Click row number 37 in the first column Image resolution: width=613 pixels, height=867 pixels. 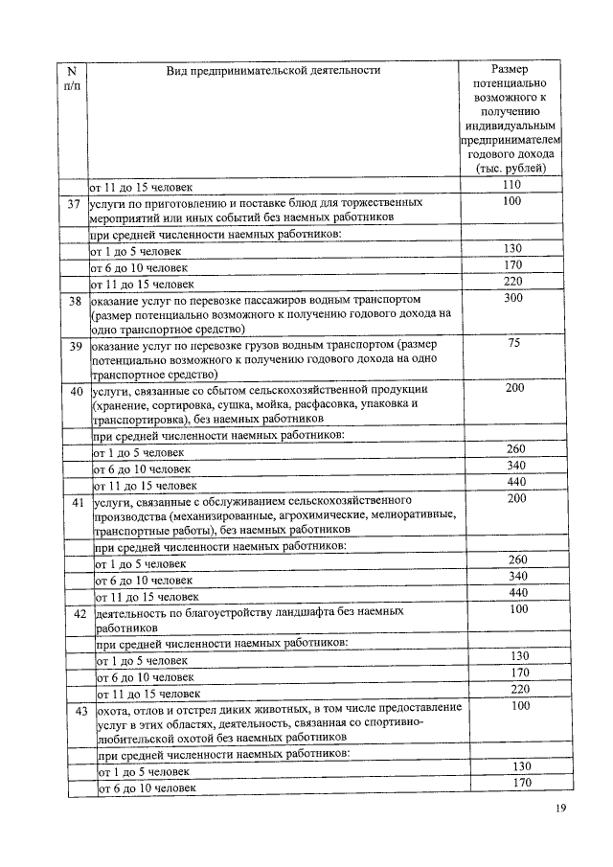pos(73,204)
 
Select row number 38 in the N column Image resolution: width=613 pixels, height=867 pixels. pos(74,300)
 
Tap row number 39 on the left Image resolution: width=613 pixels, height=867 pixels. pos(75,345)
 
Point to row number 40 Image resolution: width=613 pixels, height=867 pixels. pos(77,391)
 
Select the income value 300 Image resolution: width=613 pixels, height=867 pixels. pos(513,299)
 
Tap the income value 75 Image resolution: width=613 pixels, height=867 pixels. pos(513,344)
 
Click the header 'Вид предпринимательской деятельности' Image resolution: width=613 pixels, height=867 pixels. pos(273,70)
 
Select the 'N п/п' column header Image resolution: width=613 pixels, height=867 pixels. pos(71,78)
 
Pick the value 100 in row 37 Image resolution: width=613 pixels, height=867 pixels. pos(512,202)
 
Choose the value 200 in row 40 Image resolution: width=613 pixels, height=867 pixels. pos(515,388)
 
